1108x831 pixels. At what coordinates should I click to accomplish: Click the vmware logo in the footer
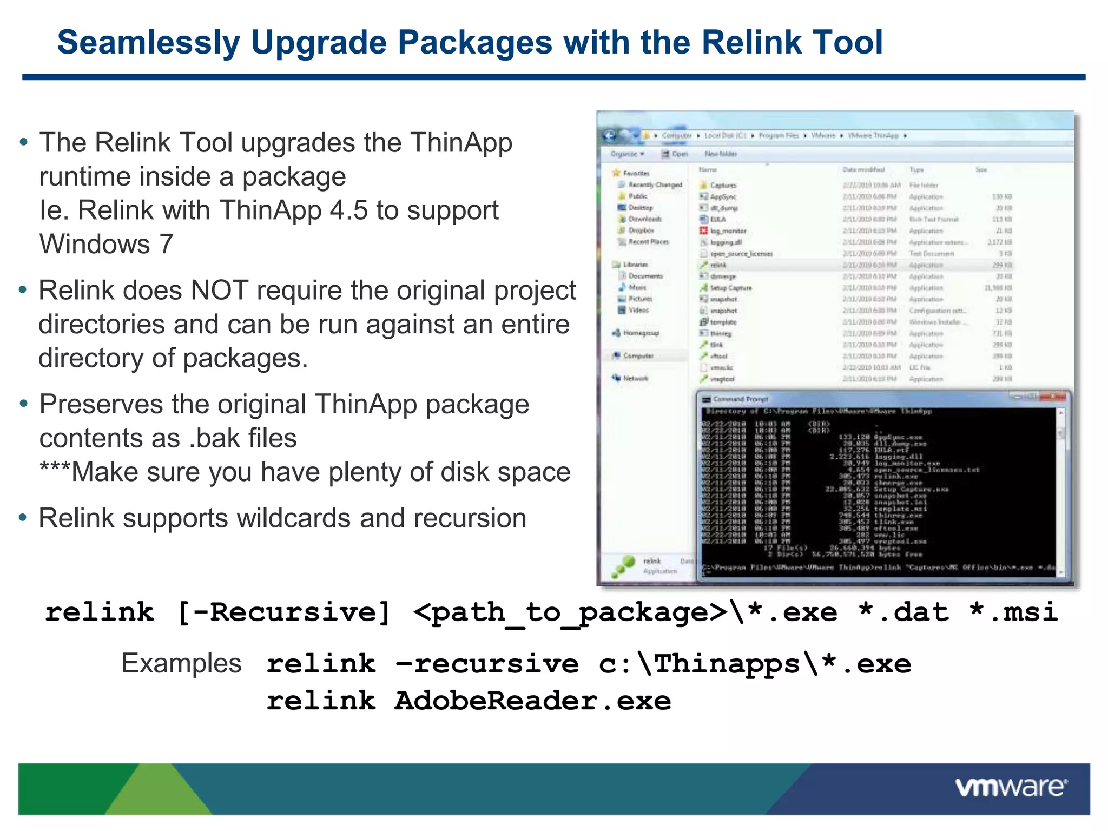pos(1011,787)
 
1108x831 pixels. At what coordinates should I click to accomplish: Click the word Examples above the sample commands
pos(181,663)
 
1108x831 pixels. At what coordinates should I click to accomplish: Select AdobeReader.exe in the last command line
pos(532,701)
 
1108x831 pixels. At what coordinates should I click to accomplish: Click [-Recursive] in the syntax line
pos(284,613)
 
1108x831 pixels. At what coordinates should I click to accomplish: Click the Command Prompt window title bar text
pos(740,399)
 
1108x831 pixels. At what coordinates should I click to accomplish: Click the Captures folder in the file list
pos(723,186)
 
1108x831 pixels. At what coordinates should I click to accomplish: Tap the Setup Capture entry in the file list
pos(730,288)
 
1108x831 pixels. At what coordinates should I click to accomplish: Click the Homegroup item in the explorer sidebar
pos(641,333)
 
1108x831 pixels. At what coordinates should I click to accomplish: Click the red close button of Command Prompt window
pos(1055,397)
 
